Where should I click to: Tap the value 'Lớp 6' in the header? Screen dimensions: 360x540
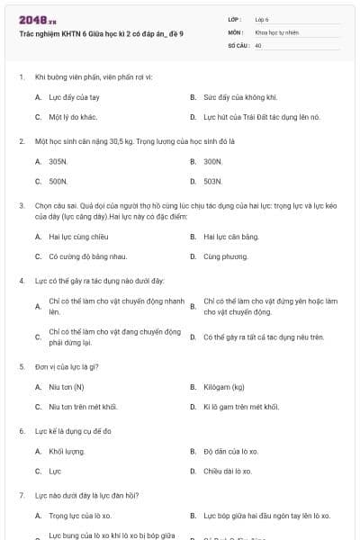point(262,18)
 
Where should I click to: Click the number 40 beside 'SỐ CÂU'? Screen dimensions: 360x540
point(258,44)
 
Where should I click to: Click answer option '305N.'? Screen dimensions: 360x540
point(58,161)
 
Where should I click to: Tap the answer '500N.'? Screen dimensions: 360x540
point(58,181)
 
